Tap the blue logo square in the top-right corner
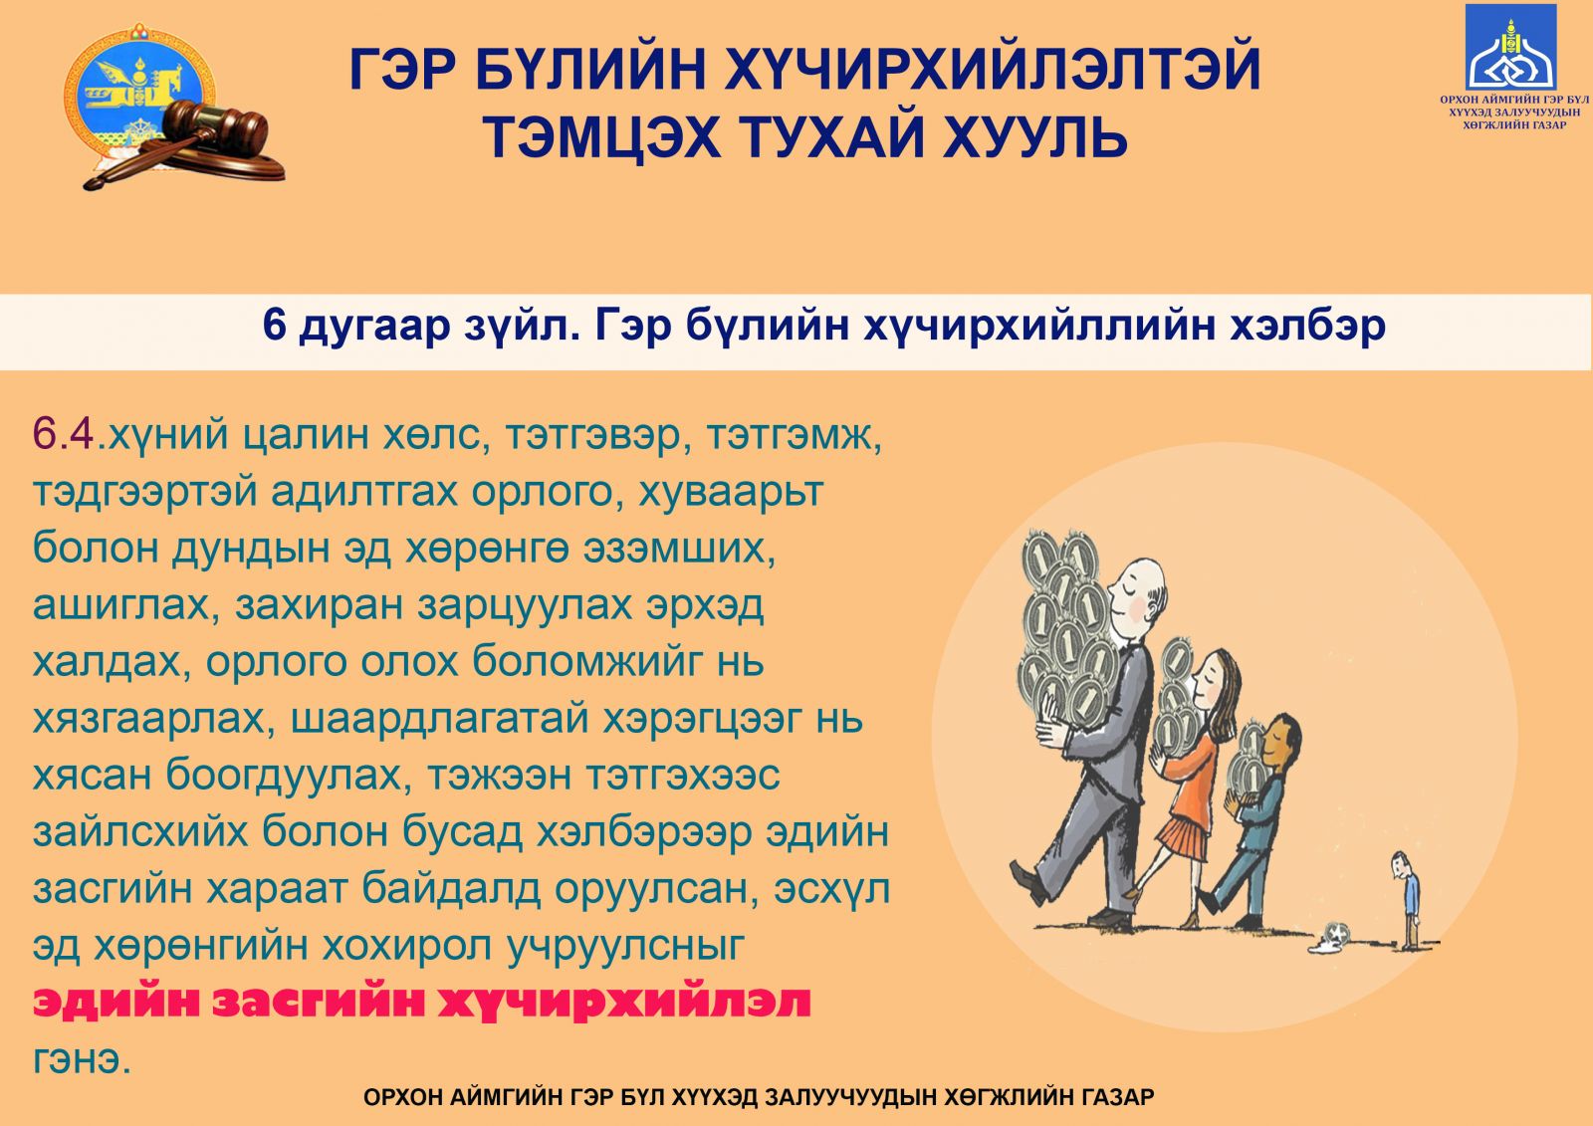point(1511,47)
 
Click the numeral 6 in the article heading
point(274,326)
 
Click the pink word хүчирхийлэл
point(623,1003)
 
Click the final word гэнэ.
point(82,1060)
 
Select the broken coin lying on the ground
point(1331,938)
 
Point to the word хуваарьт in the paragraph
point(731,491)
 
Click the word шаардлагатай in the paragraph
point(439,719)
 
